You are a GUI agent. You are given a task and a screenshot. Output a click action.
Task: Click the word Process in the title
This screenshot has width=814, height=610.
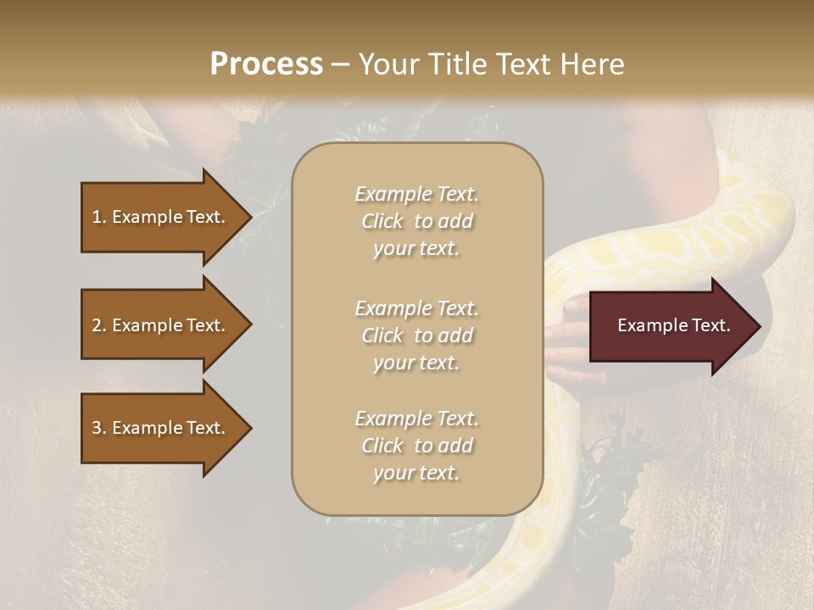(x=266, y=64)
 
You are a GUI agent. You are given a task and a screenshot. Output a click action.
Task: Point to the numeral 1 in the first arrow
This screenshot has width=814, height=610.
(x=97, y=217)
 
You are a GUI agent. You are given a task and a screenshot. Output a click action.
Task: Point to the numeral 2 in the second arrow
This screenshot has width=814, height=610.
(x=97, y=325)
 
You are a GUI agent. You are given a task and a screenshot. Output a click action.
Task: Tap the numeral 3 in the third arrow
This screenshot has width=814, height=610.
(x=97, y=428)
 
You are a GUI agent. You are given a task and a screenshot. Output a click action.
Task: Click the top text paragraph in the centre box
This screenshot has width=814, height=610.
(x=416, y=221)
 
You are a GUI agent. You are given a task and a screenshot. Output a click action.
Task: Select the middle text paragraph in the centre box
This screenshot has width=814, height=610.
(x=416, y=335)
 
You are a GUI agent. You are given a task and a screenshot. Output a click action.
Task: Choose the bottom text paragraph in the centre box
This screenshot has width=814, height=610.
(x=416, y=446)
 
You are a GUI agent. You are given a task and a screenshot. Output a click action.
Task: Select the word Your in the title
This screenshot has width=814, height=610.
(x=387, y=64)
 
